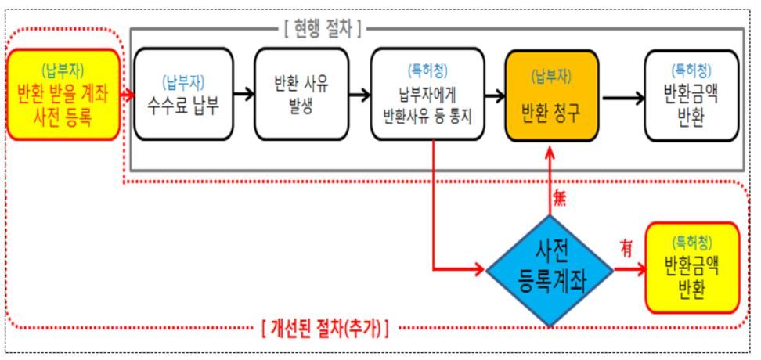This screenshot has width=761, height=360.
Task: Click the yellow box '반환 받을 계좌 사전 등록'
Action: coord(63,94)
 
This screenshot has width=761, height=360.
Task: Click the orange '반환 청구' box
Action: coord(551,95)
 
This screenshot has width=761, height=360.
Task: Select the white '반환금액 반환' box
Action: coord(691,95)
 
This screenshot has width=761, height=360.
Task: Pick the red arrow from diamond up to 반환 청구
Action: coord(550,180)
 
